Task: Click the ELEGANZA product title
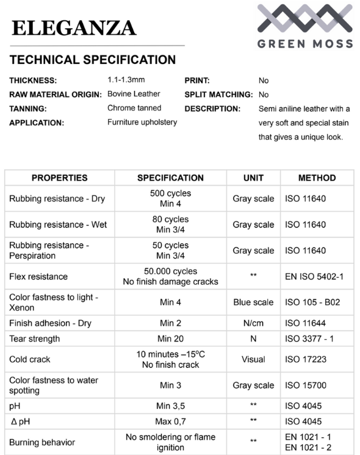(x=73, y=27)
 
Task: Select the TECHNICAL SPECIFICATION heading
(x=93, y=60)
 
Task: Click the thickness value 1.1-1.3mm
(x=126, y=80)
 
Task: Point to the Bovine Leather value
(x=134, y=94)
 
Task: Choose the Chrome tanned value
(x=134, y=108)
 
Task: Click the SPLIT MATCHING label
(x=218, y=95)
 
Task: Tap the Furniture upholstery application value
(x=142, y=122)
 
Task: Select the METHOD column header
(x=317, y=178)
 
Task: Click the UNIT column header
(x=253, y=178)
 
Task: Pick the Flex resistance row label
(x=38, y=276)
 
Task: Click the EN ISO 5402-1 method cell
(x=314, y=276)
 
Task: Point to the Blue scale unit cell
(x=253, y=302)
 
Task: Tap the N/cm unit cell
(x=253, y=323)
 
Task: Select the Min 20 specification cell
(x=170, y=339)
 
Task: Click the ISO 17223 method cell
(x=309, y=359)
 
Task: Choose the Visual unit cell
(x=253, y=359)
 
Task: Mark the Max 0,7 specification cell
(x=170, y=421)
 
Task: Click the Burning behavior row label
(x=42, y=442)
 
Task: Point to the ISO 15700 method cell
(x=309, y=385)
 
